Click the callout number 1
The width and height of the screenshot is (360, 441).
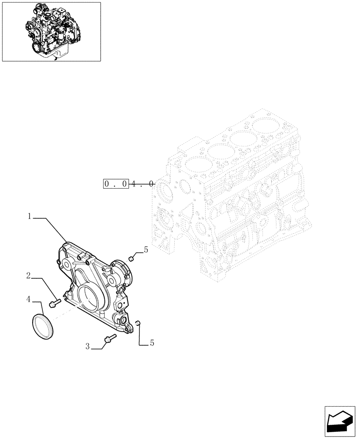[x=30, y=216]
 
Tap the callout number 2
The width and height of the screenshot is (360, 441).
[x=28, y=276]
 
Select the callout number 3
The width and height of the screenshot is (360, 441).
[x=88, y=347]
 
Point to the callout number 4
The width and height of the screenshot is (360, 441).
[x=28, y=299]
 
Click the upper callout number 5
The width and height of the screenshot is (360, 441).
[x=146, y=250]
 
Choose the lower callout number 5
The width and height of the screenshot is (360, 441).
[x=152, y=343]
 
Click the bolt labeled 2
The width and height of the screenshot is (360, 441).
[x=55, y=303]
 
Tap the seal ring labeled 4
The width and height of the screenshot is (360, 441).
[x=43, y=326]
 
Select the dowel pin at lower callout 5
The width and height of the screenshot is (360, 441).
[x=138, y=325]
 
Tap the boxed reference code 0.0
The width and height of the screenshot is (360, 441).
[x=116, y=183]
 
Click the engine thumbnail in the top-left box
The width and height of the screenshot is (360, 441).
[x=51, y=31]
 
